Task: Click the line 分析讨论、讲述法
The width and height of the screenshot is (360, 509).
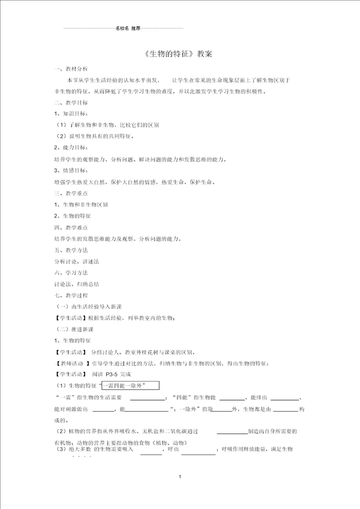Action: (x=76, y=261)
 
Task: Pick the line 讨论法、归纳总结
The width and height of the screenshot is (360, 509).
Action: (x=76, y=284)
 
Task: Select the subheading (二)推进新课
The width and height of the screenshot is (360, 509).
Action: (x=74, y=329)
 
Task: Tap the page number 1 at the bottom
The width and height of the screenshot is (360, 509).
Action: (x=179, y=476)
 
